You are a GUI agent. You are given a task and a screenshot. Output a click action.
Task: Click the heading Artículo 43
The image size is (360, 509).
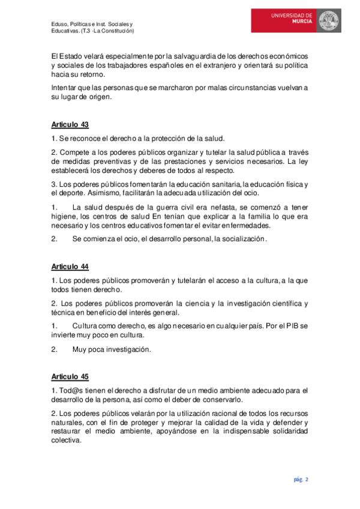coord(70,125)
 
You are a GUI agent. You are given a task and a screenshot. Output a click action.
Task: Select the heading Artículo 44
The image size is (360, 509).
coord(70,267)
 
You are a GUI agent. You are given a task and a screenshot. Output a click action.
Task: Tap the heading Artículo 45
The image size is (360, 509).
coord(70,377)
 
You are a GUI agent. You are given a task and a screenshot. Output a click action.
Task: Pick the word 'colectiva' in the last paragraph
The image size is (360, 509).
coord(66,441)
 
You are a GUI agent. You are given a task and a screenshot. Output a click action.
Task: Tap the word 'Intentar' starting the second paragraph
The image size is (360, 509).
coord(65,88)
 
